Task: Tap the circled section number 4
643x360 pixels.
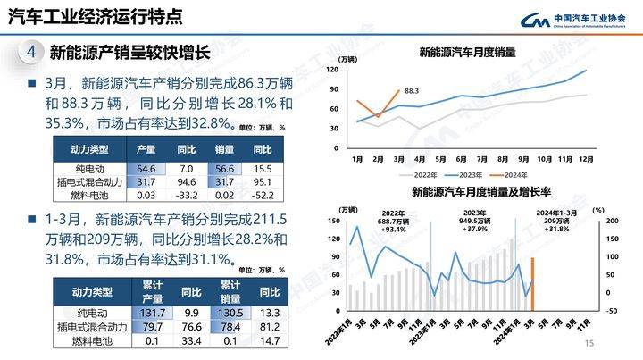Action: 30,53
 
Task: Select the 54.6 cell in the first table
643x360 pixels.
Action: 146,168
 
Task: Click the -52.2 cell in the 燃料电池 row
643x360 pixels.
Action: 262,195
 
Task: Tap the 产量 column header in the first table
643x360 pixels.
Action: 146,149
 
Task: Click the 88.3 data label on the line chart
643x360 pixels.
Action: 412,90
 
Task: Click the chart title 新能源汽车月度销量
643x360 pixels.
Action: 468,53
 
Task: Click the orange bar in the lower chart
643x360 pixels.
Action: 532,284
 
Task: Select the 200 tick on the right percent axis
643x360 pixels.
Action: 612,220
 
